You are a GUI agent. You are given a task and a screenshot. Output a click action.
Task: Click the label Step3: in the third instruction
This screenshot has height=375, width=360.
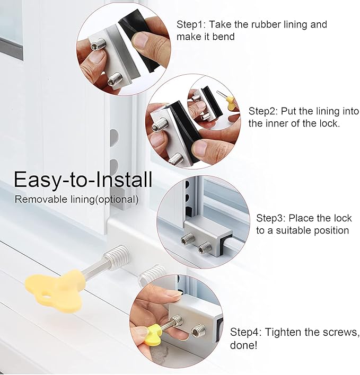click(272, 218)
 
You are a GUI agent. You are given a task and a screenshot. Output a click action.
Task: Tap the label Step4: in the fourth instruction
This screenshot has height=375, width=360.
click(245, 332)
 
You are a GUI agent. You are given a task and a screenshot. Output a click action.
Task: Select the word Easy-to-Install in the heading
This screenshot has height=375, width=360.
click(83, 180)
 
